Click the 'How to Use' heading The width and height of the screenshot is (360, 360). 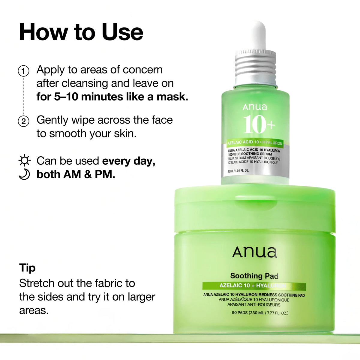[81, 32]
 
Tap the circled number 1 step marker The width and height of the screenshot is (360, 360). [24, 71]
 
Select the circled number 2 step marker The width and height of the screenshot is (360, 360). [24, 121]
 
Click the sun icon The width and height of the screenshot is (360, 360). [24, 161]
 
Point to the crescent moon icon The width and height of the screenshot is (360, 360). [24, 175]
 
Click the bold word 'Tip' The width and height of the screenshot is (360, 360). [27, 268]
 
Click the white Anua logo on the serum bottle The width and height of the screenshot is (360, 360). [255, 107]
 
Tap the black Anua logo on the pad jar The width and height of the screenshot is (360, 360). [255, 252]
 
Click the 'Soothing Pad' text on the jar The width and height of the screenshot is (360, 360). [254, 276]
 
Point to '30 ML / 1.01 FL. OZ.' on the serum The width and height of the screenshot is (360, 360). [238, 171]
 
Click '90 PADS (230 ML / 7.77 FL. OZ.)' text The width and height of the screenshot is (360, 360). [260, 313]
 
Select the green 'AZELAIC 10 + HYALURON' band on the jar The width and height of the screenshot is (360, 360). [254, 286]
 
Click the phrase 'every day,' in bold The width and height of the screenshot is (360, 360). [129, 161]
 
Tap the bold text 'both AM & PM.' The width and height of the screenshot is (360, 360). [76, 175]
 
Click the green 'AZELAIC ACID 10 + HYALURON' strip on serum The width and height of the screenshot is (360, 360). [255, 143]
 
